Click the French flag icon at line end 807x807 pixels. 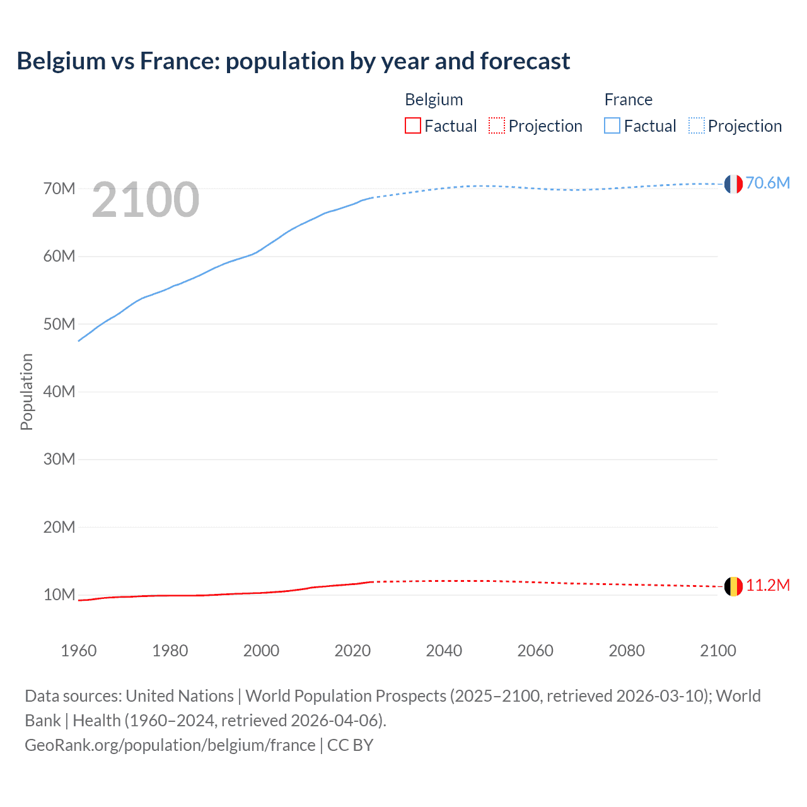click(733, 183)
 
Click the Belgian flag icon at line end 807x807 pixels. click(733, 586)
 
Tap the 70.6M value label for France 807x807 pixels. click(767, 183)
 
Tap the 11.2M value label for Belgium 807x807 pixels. click(767, 586)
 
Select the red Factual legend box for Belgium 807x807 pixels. click(413, 125)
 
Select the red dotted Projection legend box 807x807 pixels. click(497, 125)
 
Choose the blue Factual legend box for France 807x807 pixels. click(612, 125)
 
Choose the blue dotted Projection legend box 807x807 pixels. click(697, 125)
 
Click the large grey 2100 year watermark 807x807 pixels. click(146, 200)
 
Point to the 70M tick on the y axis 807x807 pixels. click(59, 189)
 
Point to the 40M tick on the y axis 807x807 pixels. click(59, 392)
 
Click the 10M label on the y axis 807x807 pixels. click(59, 595)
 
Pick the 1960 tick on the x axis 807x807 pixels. click(79, 651)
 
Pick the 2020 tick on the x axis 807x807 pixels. click(352, 651)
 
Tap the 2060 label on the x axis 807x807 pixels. click(535, 651)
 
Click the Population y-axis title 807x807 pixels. click(26, 392)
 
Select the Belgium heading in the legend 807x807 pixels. click(434, 100)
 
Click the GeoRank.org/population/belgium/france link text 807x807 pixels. click(170, 745)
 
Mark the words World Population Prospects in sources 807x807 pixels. click(345, 695)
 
